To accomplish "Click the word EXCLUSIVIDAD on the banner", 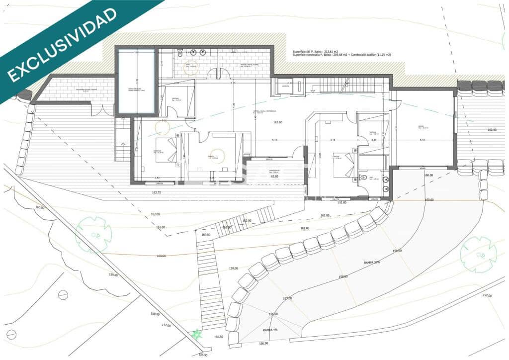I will point(62,45).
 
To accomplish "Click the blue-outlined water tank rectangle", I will point(136,82).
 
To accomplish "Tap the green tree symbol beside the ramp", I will point(478,254).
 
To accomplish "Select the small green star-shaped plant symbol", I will point(197,334).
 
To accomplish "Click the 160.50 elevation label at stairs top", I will point(206,235).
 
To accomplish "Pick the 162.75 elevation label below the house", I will point(156,192).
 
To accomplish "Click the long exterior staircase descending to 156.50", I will point(210,283).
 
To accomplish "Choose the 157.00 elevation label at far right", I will point(487,295).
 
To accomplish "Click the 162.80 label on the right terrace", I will point(492,130).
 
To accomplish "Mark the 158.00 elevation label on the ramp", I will point(343,276).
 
